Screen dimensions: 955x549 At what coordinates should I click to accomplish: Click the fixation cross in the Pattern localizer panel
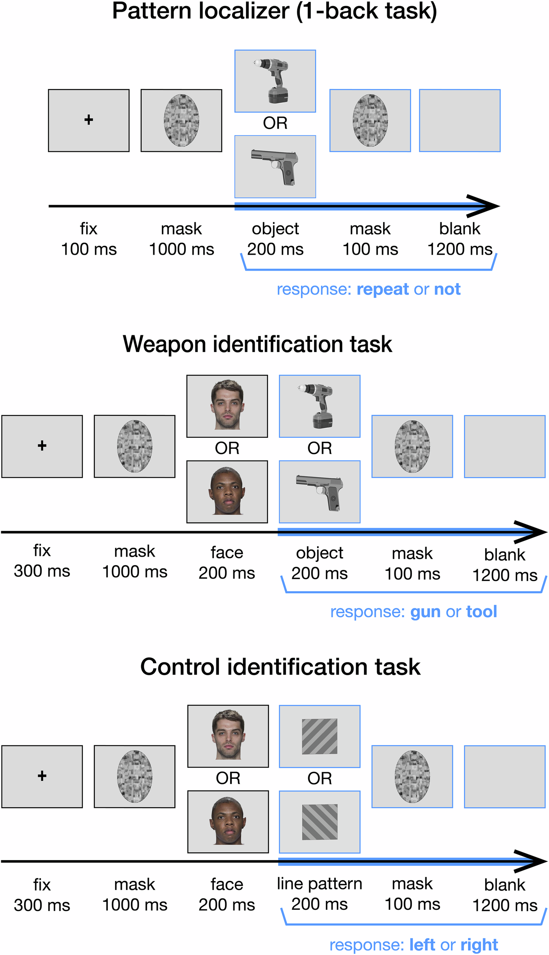(x=89, y=120)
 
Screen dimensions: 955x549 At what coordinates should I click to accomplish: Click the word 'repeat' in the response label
(x=382, y=289)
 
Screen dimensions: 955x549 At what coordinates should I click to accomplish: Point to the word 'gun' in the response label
(x=425, y=612)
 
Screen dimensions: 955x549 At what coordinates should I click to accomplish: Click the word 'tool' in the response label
(x=481, y=612)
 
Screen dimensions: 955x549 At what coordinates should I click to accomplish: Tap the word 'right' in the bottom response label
(x=479, y=945)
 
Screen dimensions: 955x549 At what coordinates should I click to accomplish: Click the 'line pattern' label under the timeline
(x=319, y=884)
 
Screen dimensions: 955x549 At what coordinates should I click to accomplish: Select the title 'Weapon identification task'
(x=257, y=344)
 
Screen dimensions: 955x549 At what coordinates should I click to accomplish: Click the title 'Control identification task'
(x=280, y=667)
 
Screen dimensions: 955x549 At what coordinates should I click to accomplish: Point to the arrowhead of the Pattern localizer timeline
(x=486, y=206)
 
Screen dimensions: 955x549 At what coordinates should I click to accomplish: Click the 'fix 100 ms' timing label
(x=89, y=239)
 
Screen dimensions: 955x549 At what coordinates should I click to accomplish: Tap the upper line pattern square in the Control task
(x=320, y=736)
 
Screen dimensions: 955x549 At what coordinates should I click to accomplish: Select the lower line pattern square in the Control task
(x=320, y=822)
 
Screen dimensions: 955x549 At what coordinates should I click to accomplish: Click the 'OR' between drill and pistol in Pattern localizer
(x=275, y=123)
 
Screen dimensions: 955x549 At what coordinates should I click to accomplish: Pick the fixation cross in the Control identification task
(x=42, y=776)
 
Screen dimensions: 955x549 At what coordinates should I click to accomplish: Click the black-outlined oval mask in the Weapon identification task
(x=135, y=446)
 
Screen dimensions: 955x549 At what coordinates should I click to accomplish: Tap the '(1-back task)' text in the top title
(x=366, y=11)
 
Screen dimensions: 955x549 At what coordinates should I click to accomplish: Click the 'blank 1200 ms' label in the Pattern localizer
(x=460, y=239)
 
